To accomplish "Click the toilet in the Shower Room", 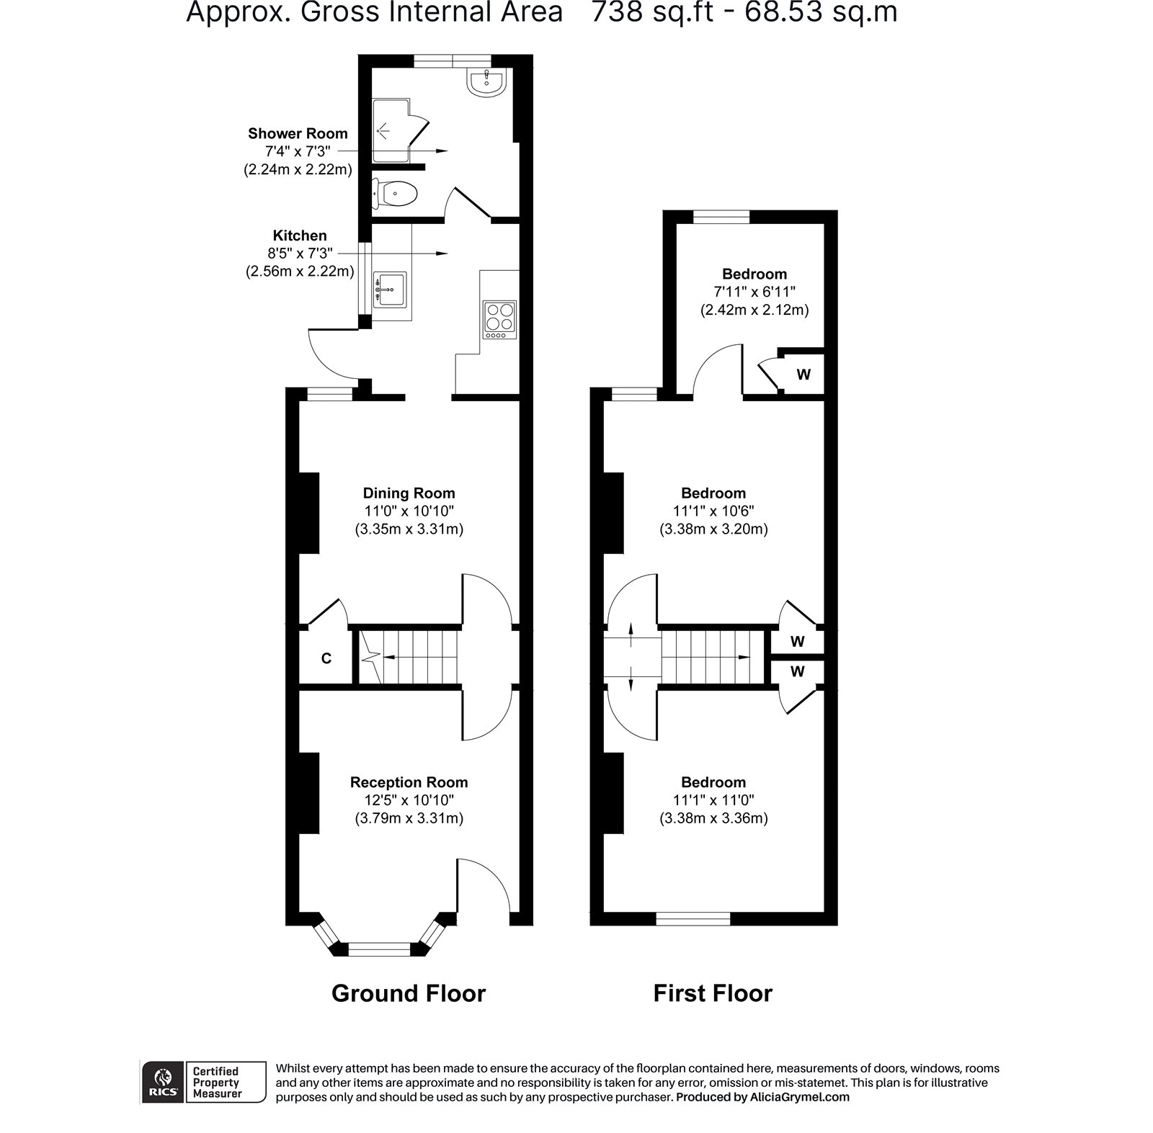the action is click(x=395, y=194).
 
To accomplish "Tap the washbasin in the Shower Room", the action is click(x=488, y=82).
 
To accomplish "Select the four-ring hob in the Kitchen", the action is click(x=499, y=320).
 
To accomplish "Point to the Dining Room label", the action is click(x=409, y=493).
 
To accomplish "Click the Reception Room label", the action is click(x=409, y=782).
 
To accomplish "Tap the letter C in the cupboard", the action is click(x=326, y=658).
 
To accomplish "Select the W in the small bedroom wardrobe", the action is click(x=803, y=375).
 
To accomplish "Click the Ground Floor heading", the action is click(x=409, y=993).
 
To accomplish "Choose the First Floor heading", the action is click(x=713, y=993).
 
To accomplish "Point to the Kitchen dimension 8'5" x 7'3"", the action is click(x=300, y=254).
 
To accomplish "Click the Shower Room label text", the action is click(x=298, y=133).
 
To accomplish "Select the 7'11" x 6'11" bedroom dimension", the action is click(x=754, y=292).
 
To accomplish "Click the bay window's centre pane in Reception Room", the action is click(x=379, y=949).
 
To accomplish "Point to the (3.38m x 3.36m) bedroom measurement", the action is click(x=713, y=818).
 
